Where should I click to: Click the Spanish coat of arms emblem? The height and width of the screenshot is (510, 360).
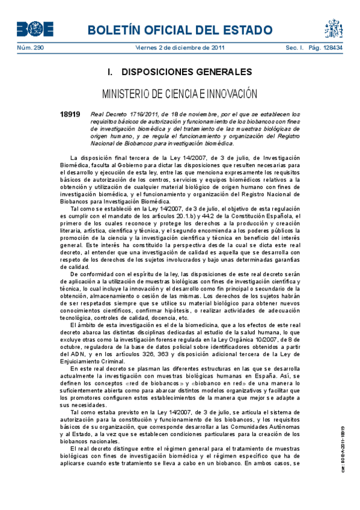(x=334, y=28)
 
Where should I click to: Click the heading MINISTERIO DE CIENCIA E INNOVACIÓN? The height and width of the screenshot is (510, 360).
(x=179, y=94)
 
